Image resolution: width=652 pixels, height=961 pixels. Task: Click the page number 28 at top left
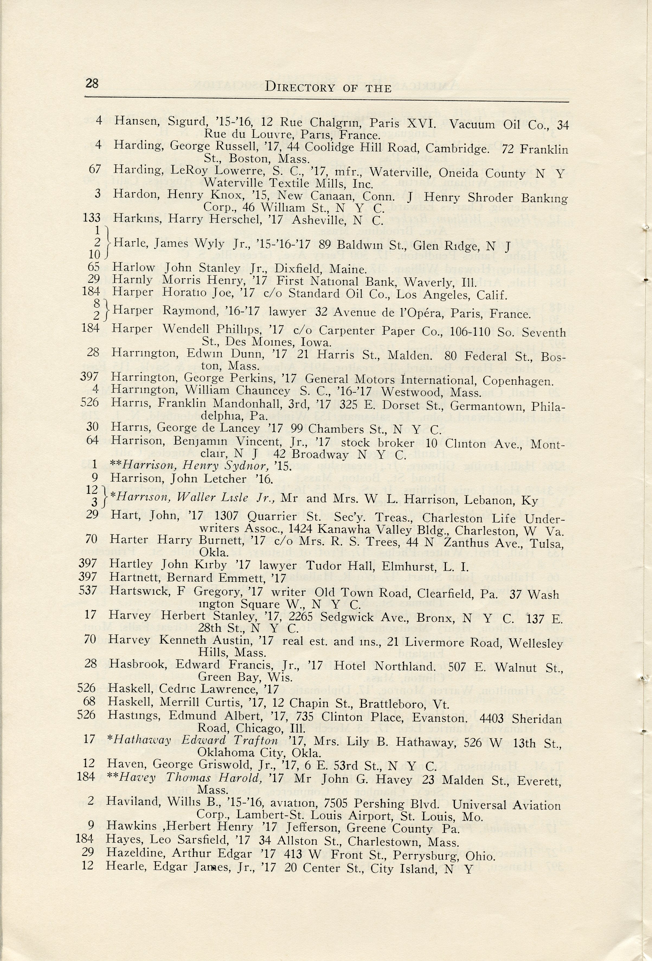point(92,84)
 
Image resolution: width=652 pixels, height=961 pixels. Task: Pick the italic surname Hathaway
point(142,740)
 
